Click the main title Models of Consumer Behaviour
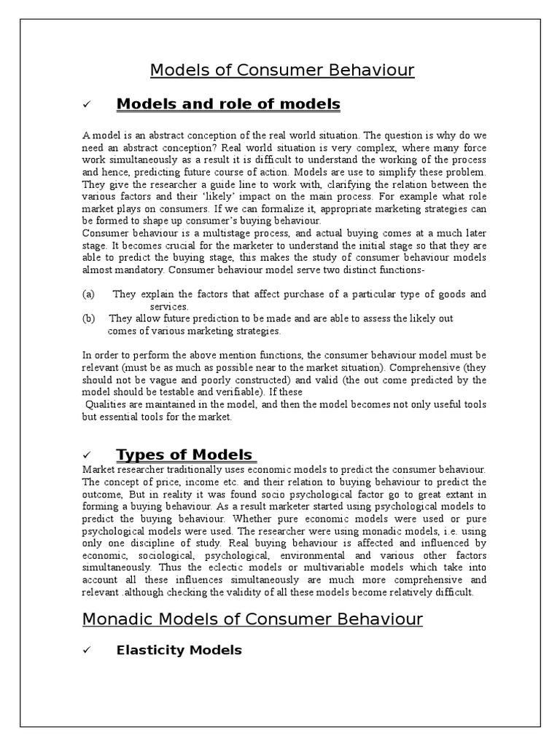(x=282, y=71)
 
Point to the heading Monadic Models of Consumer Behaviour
(x=252, y=619)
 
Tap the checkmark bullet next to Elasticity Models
(x=87, y=651)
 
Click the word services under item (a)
(x=169, y=307)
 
